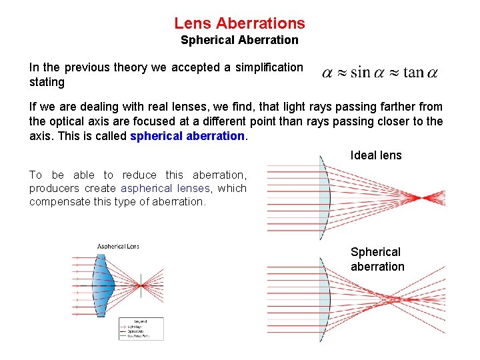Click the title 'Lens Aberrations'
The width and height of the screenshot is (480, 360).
click(x=239, y=23)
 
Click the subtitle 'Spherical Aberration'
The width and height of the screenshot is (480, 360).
click(x=239, y=40)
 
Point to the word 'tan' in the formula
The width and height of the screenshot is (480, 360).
click(x=413, y=73)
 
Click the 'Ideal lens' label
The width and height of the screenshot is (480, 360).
click(x=376, y=155)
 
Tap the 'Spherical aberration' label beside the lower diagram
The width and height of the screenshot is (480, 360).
click(x=377, y=259)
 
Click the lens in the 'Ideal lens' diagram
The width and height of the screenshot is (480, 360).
click(x=324, y=197)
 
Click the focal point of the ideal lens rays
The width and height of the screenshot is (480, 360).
click(x=427, y=197)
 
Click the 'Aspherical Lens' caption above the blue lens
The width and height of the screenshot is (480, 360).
click(x=118, y=247)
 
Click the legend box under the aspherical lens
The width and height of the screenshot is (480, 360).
click(x=140, y=329)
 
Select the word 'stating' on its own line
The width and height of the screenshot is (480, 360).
click(x=47, y=82)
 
